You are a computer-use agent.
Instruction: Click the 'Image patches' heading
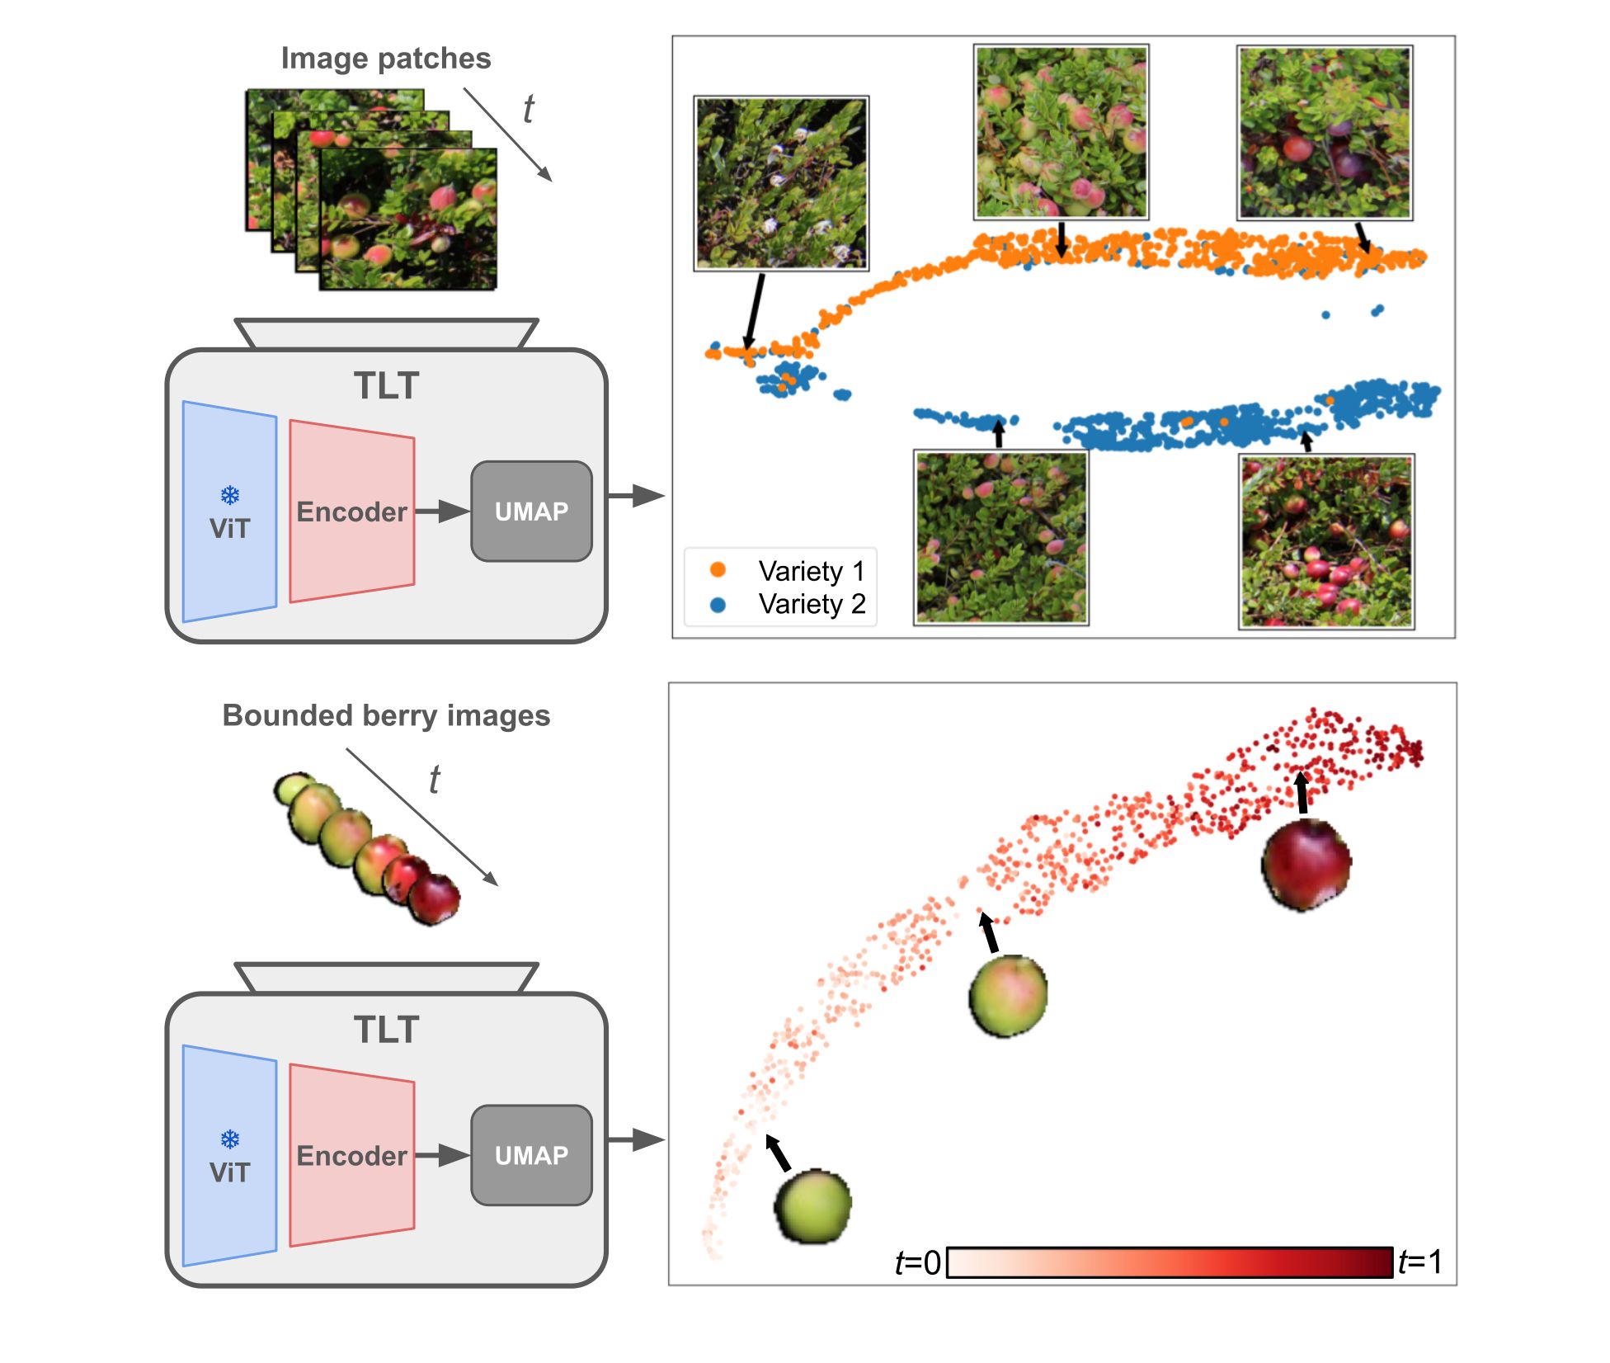[385, 59]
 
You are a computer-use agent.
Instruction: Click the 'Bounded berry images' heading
[386, 715]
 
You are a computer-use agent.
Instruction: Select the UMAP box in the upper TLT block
[531, 512]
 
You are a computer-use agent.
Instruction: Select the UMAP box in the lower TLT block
[531, 1155]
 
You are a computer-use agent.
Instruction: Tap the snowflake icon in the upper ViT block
[230, 495]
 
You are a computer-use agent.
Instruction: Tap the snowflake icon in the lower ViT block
[230, 1139]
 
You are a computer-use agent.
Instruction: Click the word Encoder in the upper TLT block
[351, 512]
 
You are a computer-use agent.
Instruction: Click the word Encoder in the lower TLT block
[351, 1156]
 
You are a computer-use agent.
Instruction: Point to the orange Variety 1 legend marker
[718, 569]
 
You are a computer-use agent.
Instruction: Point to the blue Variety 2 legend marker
[718, 605]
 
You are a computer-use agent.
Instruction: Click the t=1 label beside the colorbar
[1420, 1262]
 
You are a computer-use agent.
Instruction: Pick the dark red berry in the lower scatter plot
[1306, 865]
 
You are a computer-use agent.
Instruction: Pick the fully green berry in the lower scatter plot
[813, 1205]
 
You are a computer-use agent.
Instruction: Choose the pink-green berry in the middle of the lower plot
[1008, 995]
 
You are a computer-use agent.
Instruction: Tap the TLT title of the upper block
[386, 385]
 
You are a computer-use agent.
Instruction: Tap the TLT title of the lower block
[386, 1030]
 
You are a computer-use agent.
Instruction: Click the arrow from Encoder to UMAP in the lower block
[441, 1155]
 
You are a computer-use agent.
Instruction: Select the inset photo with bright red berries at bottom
[1326, 541]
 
